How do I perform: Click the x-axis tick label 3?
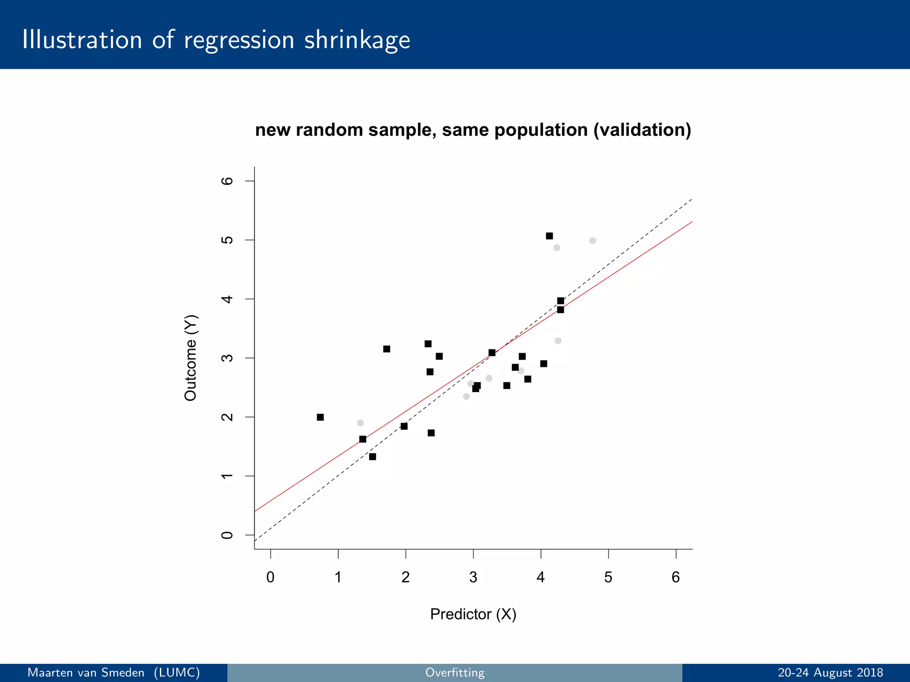[473, 577]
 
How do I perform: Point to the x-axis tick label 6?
[675, 577]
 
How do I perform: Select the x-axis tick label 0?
[270, 577]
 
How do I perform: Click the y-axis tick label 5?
[227, 240]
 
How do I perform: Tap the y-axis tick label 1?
[227, 476]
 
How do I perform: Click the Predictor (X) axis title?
[473, 614]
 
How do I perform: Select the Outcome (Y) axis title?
[190, 358]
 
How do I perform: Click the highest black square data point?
[549, 236]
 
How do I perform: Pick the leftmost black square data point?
[320, 417]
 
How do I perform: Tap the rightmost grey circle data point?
[593, 241]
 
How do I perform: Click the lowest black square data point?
[372, 457]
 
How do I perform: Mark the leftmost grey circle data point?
[360, 423]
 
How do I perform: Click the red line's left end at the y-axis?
[255, 511]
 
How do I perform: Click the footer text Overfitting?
[455, 673]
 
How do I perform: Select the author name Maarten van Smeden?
[86, 673]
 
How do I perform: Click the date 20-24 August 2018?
[830, 673]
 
